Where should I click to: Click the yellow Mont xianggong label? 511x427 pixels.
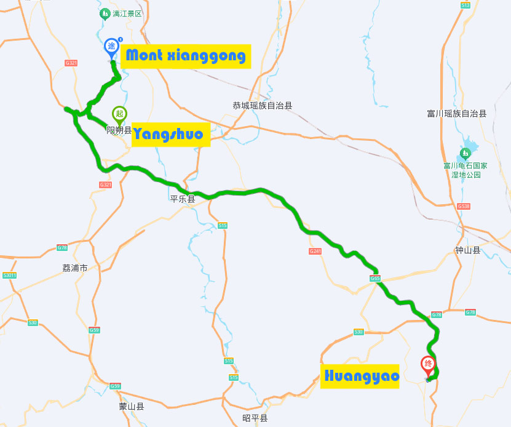point(186,57)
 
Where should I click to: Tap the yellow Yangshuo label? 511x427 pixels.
point(171,135)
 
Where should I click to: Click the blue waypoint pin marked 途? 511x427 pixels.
point(111,47)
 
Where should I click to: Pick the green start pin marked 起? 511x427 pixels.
point(119,114)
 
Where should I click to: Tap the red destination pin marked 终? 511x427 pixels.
point(428,364)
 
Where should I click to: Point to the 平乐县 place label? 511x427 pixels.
point(183,199)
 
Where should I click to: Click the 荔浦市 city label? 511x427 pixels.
point(75,268)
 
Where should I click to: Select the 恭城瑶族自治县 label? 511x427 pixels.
point(263,105)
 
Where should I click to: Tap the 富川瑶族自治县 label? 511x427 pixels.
point(456,113)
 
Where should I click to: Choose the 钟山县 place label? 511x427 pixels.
point(467,250)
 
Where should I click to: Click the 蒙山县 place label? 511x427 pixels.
point(132,406)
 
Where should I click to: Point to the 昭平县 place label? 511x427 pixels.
point(255,418)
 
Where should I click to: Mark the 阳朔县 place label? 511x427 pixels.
point(119,130)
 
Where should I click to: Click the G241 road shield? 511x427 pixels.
point(315,251)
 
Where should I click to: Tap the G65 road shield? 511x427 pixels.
point(374,279)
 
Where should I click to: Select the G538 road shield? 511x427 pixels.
point(464,206)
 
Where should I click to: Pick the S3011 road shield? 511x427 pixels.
point(9,275)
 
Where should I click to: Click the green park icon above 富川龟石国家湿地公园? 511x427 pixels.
point(465,153)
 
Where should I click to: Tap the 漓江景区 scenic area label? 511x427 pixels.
point(127,14)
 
